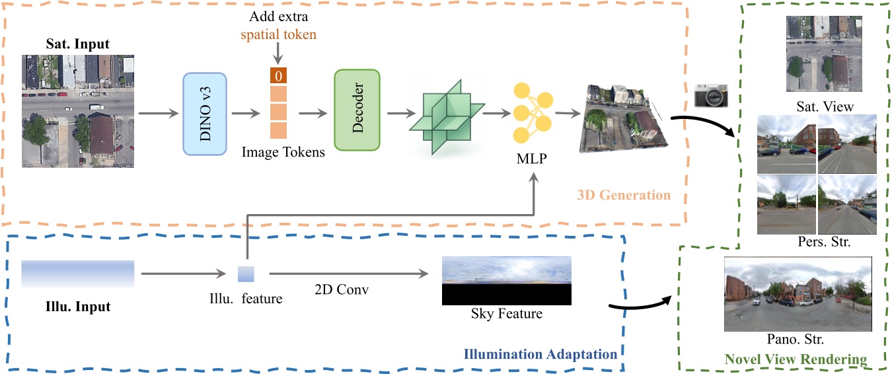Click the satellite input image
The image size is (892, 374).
[78, 111]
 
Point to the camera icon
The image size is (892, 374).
[710, 96]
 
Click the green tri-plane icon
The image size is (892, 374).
[447, 114]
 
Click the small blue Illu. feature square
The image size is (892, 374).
[246, 274]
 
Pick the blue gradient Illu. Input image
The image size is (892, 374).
[78, 274]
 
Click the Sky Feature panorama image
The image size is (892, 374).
[506, 281]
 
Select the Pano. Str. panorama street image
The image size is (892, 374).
[798, 294]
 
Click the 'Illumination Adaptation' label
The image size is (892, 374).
[540, 354]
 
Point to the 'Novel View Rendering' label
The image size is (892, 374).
[796, 359]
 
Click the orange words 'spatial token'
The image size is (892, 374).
[278, 34]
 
